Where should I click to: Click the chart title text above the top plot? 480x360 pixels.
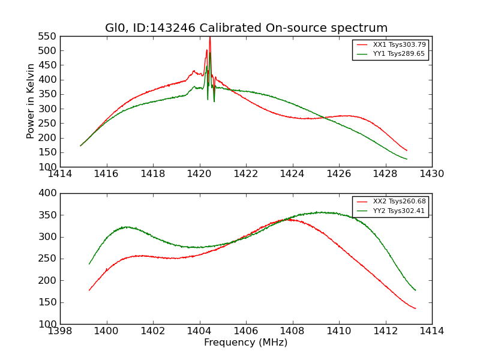246,28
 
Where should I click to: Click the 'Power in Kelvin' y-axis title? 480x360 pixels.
31,101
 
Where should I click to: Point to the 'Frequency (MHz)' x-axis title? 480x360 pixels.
246,343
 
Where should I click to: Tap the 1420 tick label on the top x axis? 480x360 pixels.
200,174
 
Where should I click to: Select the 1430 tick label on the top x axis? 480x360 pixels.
431,174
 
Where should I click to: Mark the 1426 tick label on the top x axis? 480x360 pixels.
339,174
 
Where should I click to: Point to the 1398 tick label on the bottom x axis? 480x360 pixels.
61,331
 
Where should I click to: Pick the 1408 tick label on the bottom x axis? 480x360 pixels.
292,331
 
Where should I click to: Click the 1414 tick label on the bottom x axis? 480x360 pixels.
431,331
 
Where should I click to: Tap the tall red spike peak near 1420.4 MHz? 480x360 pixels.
209,38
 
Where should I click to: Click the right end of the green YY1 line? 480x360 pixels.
407,159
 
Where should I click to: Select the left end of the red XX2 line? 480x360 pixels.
89,290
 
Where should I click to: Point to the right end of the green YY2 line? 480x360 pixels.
415,290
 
